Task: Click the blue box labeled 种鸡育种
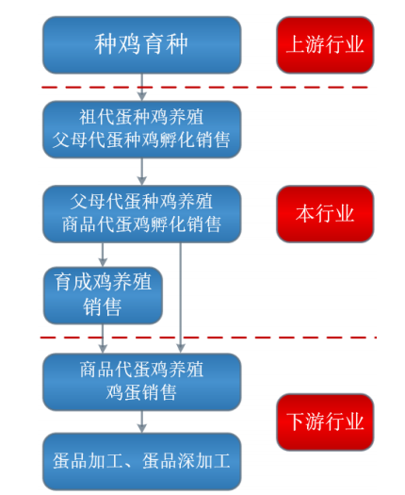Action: click(x=142, y=45)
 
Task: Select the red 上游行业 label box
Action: click(x=325, y=45)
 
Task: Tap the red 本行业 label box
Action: click(x=325, y=214)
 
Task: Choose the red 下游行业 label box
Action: click(x=325, y=422)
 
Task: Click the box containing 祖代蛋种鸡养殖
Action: click(x=142, y=129)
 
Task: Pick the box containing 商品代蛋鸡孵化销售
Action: click(x=142, y=214)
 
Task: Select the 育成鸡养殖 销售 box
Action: click(x=103, y=295)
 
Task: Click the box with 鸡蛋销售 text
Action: click(x=142, y=382)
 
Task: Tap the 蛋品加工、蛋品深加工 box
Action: click(x=142, y=462)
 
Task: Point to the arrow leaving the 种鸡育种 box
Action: click(x=142, y=88)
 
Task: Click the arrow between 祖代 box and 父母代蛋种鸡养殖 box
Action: click(x=142, y=172)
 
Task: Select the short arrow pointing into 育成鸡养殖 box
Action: click(x=103, y=255)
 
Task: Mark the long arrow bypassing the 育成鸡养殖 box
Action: click(x=181, y=298)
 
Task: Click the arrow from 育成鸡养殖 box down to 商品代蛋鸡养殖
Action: click(x=103, y=338)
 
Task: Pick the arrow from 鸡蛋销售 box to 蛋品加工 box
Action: click(x=142, y=421)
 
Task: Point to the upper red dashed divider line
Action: click(x=205, y=87)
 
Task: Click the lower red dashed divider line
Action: click(x=208, y=338)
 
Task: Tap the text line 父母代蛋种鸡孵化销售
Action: click(x=141, y=140)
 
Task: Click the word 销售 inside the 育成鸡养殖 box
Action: click(x=103, y=306)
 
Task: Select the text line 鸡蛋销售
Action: click(x=141, y=392)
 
